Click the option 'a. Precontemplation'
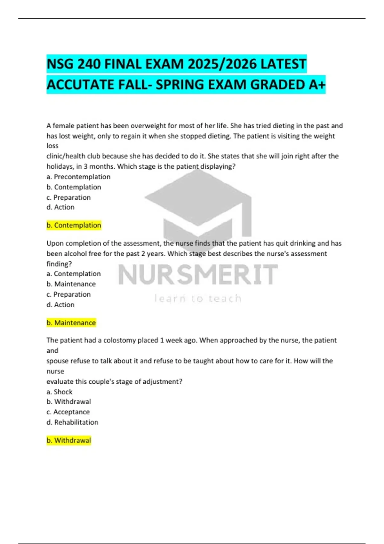click(78, 177)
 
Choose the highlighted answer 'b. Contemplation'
click(74, 225)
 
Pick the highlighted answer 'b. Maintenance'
click(71, 323)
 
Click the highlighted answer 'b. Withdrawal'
click(69, 440)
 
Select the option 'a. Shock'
click(60, 392)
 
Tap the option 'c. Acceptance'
click(68, 412)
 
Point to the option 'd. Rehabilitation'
click(72, 422)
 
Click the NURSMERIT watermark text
click(198, 275)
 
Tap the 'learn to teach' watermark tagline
click(198, 299)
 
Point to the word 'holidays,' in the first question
click(60, 166)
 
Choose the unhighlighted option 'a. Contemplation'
click(74, 274)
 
